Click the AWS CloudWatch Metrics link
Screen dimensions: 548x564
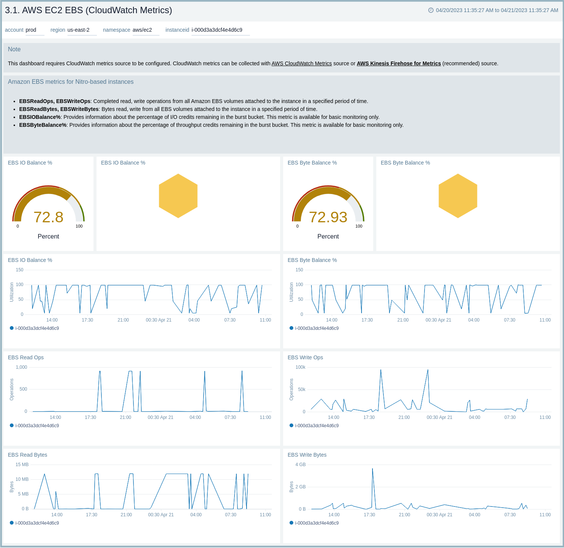tap(302, 63)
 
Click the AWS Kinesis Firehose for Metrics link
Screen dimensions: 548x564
tap(398, 63)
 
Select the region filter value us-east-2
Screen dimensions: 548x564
tap(78, 30)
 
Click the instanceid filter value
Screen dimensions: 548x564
tap(217, 30)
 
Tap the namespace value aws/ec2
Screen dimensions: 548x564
tap(142, 30)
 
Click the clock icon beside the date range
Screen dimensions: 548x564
tap(431, 10)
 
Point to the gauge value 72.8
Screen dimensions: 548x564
tap(48, 217)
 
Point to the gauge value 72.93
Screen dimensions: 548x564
tap(328, 217)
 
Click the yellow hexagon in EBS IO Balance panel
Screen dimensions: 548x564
tap(178, 196)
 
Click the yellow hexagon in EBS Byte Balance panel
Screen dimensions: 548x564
tap(458, 196)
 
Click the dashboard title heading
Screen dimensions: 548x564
tap(88, 10)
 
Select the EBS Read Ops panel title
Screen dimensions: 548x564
tap(26, 357)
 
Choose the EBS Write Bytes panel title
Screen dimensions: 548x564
tap(307, 455)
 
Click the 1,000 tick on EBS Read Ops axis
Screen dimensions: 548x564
tap(21, 367)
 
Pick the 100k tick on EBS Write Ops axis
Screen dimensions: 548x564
tap(300, 367)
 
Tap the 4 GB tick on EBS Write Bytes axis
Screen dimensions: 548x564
tap(300, 465)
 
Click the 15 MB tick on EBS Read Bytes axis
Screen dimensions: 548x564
tap(22, 465)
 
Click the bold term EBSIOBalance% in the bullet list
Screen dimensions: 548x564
tap(40, 117)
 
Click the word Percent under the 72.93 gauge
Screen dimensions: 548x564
tap(328, 236)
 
